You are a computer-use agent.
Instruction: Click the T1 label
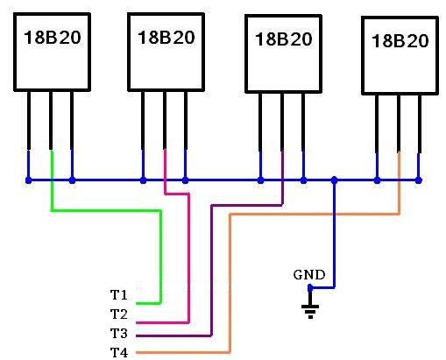119,295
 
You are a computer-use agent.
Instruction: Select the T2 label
119,314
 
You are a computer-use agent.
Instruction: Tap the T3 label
119,333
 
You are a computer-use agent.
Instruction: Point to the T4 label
119,352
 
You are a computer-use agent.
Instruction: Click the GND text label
309,275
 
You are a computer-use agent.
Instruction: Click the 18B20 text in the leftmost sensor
53,38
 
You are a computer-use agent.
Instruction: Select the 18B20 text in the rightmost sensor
400,40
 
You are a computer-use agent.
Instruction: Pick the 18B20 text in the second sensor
166,38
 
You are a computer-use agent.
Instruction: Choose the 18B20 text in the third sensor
284,39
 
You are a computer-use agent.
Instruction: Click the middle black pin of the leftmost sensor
51,120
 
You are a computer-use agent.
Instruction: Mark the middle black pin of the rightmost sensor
399,124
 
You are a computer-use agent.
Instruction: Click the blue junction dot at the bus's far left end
28,180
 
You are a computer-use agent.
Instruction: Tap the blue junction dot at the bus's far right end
419,180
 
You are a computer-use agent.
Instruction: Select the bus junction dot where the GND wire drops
335,180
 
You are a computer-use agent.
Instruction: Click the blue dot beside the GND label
310,288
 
